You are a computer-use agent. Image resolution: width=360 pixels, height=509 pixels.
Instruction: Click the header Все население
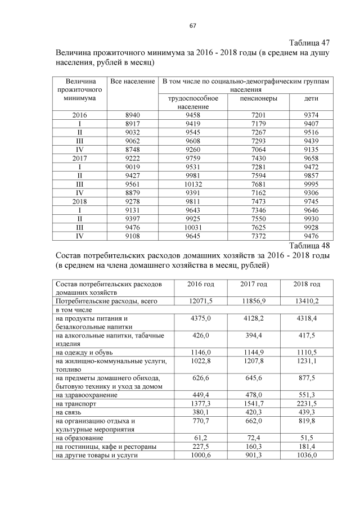(x=132, y=82)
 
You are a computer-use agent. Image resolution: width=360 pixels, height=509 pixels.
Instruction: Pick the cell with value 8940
(x=132, y=115)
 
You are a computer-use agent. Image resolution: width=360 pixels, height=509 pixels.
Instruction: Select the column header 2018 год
(x=307, y=284)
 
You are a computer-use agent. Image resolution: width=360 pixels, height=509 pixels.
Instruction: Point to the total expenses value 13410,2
(x=307, y=301)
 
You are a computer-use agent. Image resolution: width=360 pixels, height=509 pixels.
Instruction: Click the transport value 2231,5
(x=307, y=404)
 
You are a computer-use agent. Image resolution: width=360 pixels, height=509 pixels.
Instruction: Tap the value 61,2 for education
(x=201, y=437)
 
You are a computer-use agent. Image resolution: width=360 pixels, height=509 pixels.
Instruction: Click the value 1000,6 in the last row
(x=201, y=454)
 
